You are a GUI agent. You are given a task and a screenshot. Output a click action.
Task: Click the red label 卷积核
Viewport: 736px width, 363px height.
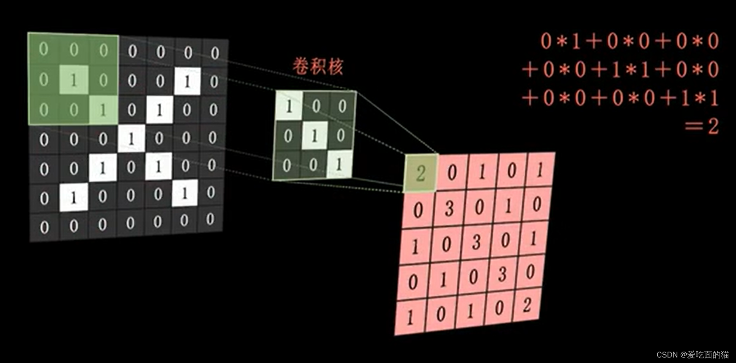(318, 67)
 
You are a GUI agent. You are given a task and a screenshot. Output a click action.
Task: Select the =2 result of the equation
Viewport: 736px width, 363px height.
(702, 126)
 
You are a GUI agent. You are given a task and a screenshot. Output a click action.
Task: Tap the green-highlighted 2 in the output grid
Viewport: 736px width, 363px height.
(421, 173)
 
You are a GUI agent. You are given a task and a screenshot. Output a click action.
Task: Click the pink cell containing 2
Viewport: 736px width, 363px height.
(527, 305)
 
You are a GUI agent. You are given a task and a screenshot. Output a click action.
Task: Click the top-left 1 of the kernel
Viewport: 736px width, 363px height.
(289, 106)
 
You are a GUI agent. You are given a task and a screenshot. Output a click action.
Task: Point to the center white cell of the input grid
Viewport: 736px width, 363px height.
(131, 138)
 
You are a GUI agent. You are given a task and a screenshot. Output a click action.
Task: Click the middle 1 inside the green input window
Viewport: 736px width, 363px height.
(74, 80)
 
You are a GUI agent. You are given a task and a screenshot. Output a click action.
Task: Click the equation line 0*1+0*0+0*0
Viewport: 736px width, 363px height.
(629, 41)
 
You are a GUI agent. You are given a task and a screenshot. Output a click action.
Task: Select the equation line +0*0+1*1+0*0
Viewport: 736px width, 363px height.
(620, 70)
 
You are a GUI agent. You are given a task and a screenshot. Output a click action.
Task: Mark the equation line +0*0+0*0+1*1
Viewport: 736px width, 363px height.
(620, 98)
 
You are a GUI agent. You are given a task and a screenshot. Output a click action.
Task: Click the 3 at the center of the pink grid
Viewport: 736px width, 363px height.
(476, 242)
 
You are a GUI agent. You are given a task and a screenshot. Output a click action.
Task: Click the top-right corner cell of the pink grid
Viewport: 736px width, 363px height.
(540, 170)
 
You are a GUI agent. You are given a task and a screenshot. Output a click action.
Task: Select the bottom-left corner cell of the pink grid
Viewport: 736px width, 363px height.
(410, 317)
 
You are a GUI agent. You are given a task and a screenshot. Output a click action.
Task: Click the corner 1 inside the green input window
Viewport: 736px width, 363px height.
(103, 110)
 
